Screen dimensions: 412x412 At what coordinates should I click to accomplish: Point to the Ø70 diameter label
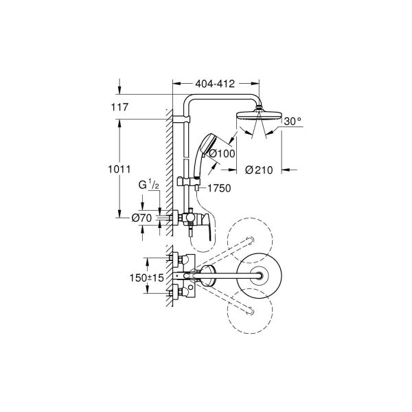[x=141, y=218]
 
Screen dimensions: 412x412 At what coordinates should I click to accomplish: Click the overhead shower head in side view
[x=258, y=115]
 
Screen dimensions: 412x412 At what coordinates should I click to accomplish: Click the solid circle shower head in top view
[x=259, y=276]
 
